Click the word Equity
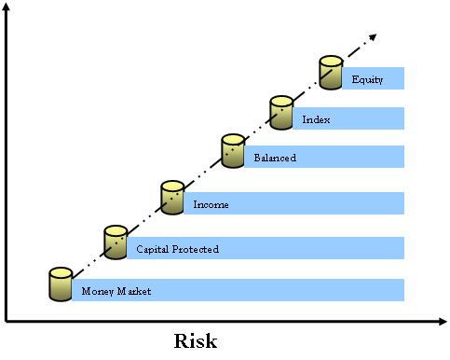click(x=367, y=80)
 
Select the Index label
click(x=316, y=119)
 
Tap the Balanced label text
click(x=275, y=158)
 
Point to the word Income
click(x=211, y=204)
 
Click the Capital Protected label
click(x=177, y=249)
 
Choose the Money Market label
click(x=116, y=291)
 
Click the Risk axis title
click(x=196, y=341)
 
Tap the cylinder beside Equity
click(x=331, y=73)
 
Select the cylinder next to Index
click(x=281, y=113)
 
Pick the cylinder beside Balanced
click(x=233, y=151)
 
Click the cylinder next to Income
click(x=172, y=198)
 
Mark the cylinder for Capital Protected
click(x=116, y=242)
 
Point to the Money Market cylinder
click(x=61, y=284)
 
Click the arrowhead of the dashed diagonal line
click(x=373, y=37)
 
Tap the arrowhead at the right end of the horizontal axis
click(x=443, y=322)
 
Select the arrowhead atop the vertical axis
click(x=6, y=7)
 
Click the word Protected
click(x=196, y=249)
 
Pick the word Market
click(x=134, y=291)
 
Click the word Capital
click(x=153, y=249)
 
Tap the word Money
click(x=98, y=291)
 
